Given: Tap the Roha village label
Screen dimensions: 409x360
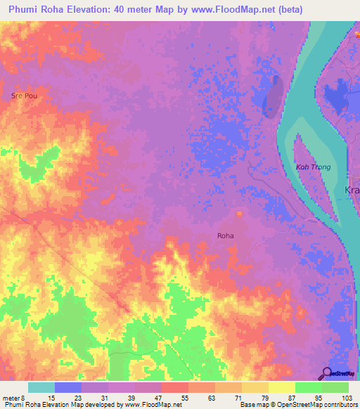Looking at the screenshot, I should (225, 237).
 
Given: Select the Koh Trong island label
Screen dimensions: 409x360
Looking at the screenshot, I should (313, 167).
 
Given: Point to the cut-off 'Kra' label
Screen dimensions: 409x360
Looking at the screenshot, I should (351, 190).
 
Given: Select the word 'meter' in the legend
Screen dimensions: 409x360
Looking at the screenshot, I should (11, 397).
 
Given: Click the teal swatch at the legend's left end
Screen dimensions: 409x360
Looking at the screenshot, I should (41, 387).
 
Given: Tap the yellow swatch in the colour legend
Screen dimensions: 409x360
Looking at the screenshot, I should (281, 387).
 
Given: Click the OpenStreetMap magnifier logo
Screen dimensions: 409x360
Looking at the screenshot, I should (327, 373).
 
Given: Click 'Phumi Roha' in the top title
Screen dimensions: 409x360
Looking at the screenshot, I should (33, 9).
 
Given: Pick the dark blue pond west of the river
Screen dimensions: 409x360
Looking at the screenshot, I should (272, 96).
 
